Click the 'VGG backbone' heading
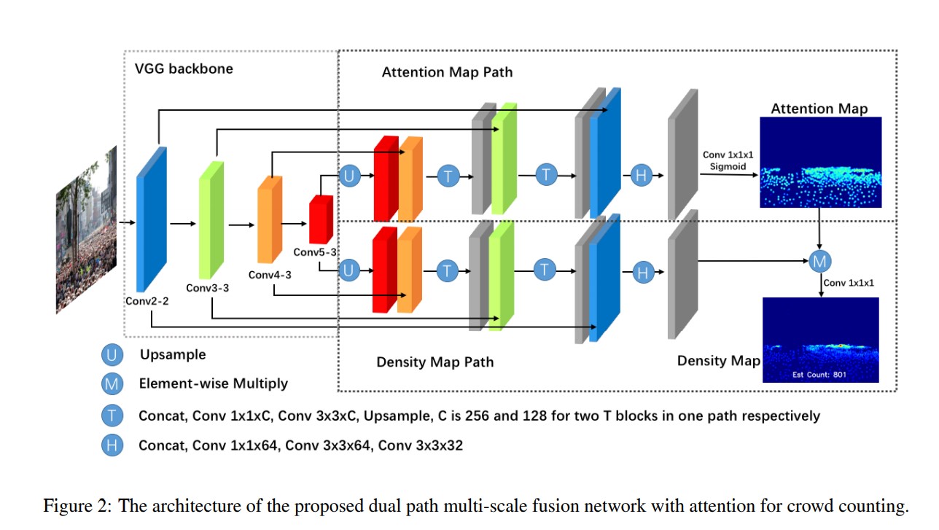[184, 69]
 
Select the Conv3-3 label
[207, 288]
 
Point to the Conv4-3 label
[270, 275]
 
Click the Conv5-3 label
[315, 252]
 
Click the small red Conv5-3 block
[320, 219]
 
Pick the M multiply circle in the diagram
[820, 260]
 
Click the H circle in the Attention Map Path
[641, 176]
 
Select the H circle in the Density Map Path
[642, 273]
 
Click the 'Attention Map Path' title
[447, 72]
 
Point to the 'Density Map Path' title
[435, 362]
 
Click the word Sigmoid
[729, 167]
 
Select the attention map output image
[820, 162]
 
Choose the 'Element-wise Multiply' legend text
[213, 383]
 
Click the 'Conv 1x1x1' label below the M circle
[849, 282]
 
